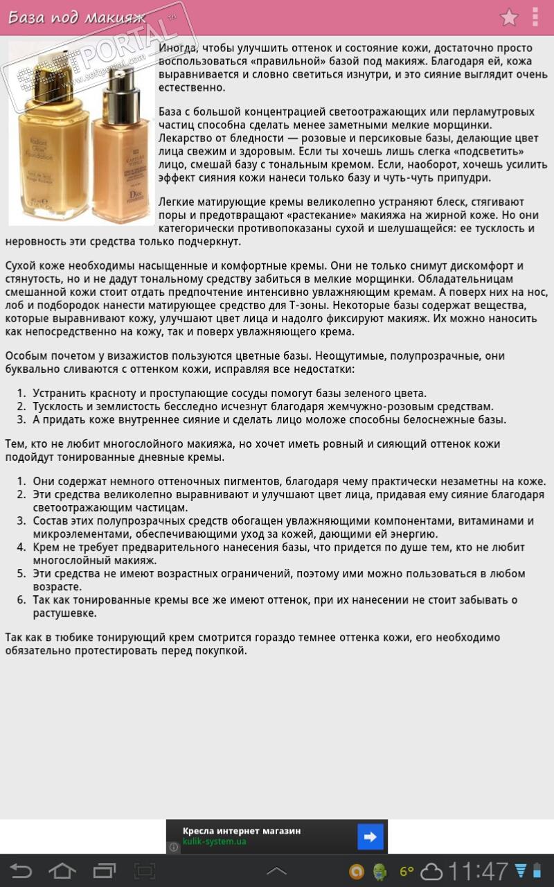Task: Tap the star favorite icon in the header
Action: click(x=509, y=17)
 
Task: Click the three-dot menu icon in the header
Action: click(x=535, y=17)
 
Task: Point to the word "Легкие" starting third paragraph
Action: click(x=177, y=202)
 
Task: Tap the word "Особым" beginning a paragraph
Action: click(x=27, y=356)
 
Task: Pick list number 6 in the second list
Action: click(x=21, y=600)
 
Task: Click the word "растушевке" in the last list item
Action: click(x=64, y=613)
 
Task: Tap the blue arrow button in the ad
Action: click(x=370, y=836)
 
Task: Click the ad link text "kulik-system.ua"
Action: click(x=214, y=843)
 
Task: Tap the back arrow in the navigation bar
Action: click(x=21, y=870)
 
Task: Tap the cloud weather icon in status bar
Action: click(x=431, y=871)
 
